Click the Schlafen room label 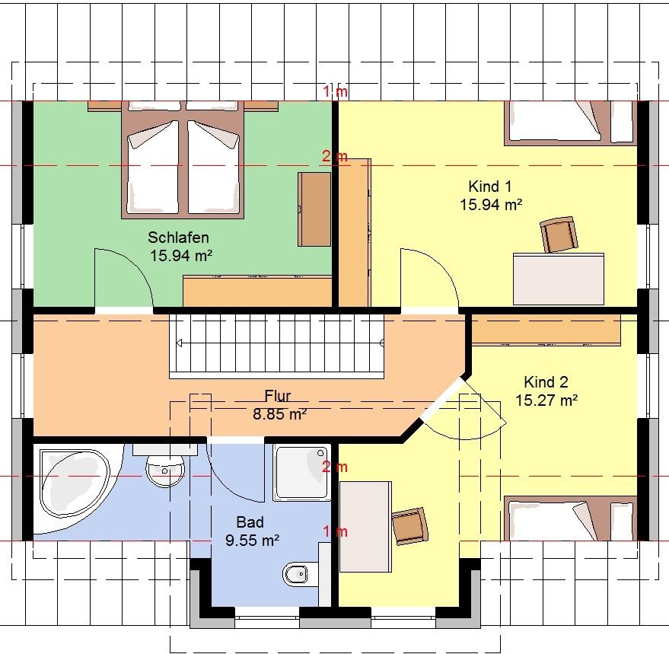(178, 238)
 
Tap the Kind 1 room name (490, 187)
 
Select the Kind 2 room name (546, 381)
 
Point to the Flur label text (278, 396)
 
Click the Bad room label (250, 522)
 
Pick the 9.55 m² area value (252, 541)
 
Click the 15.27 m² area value (546, 400)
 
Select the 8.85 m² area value (280, 414)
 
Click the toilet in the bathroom (295, 574)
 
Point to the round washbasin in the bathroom (166, 471)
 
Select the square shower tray (301, 473)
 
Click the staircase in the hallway (276, 346)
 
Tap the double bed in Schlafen (183, 160)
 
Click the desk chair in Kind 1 (559, 234)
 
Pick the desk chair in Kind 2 (409, 526)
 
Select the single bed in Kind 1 (571, 123)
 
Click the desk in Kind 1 (559, 279)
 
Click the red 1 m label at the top (335, 91)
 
